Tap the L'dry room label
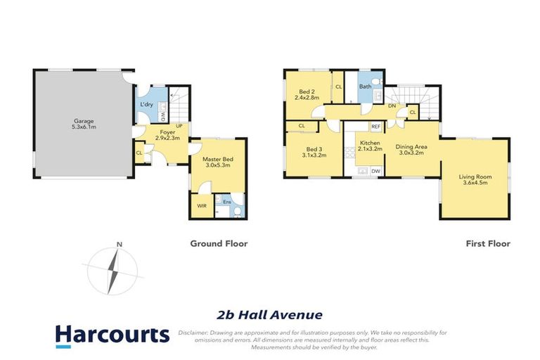tap(146, 104)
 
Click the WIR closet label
tap(202, 205)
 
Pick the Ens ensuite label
tap(226, 203)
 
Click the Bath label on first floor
tap(365, 86)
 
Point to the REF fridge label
tap(375, 127)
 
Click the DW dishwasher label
tap(375, 171)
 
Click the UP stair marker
tap(179, 126)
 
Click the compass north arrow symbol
tap(113, 271)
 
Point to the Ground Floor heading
tap(219, 244)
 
